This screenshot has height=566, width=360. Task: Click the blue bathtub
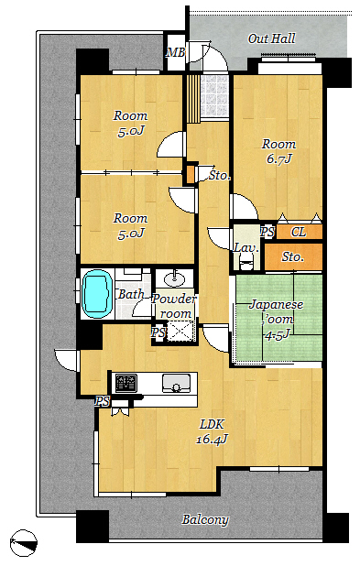pyautogui.click(x=97, y=294)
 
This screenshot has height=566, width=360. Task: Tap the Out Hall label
pyautogui.click(x=271, y=38)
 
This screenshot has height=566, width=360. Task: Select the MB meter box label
pyautogui.click(x=176, y=52)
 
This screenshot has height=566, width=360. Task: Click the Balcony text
pyautogui.click(x=205, y=519)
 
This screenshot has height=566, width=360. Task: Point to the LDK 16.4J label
pyautogui.click(x=213, y=431)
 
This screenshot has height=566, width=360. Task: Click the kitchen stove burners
pyautogui.click(x=126, y=384)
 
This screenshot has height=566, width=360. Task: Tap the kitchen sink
pyautogui.click(x=176, y=383)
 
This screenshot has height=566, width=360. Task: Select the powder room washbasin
pyautogui.click(x=174, y=279)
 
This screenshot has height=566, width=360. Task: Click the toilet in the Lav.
pyautogui.click(x=247, y=260)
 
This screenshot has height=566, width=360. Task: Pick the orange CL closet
pyautogui.click(x=300, y=232)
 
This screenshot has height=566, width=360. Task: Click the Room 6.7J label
pyautogui.click(x=278, y=151)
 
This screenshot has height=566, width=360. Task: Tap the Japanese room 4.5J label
pyautogui.click(x=277, y=320)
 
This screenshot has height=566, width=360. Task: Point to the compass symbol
pyautogui.click(x=24, y=543)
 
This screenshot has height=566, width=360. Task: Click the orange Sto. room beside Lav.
pyautogui.click(x=293, y=256)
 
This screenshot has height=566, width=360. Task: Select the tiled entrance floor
pyautogui.click(x=214, y=96)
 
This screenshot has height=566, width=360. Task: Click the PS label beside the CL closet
pyautogui.click(x=267, y=232)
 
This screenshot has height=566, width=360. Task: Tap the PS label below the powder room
pyautogui.click(x=158, y=332)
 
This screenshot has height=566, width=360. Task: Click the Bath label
pyautogui.click(x=131, y=294)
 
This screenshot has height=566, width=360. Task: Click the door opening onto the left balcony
pyautogui.click(x=66, y=360)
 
